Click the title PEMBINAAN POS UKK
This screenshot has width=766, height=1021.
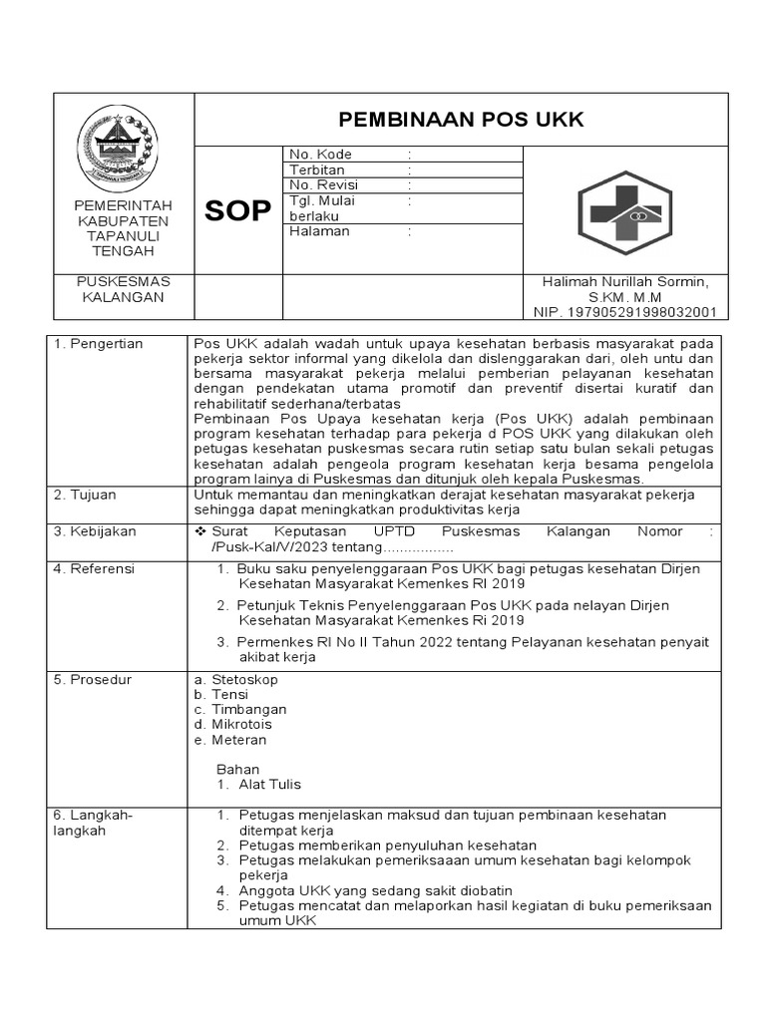[x=461, y=120]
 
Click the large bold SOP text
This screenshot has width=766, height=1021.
[x=237, y=211]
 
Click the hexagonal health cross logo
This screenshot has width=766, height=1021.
[x=625, y=207]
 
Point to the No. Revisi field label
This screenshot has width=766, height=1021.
[x=323, y=185]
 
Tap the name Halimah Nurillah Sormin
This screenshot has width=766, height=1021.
[x=625, y=282]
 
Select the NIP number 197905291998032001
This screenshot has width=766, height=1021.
[x=625, y=312]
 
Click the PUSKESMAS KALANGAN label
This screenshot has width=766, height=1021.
[x=125, y=289]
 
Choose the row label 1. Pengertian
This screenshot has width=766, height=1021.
[x=99, y=344]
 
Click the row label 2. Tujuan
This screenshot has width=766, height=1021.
[x=87, y=496]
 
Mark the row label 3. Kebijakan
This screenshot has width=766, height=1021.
[x=95, y=532]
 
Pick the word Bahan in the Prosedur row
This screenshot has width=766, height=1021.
[x=237, y=769]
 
